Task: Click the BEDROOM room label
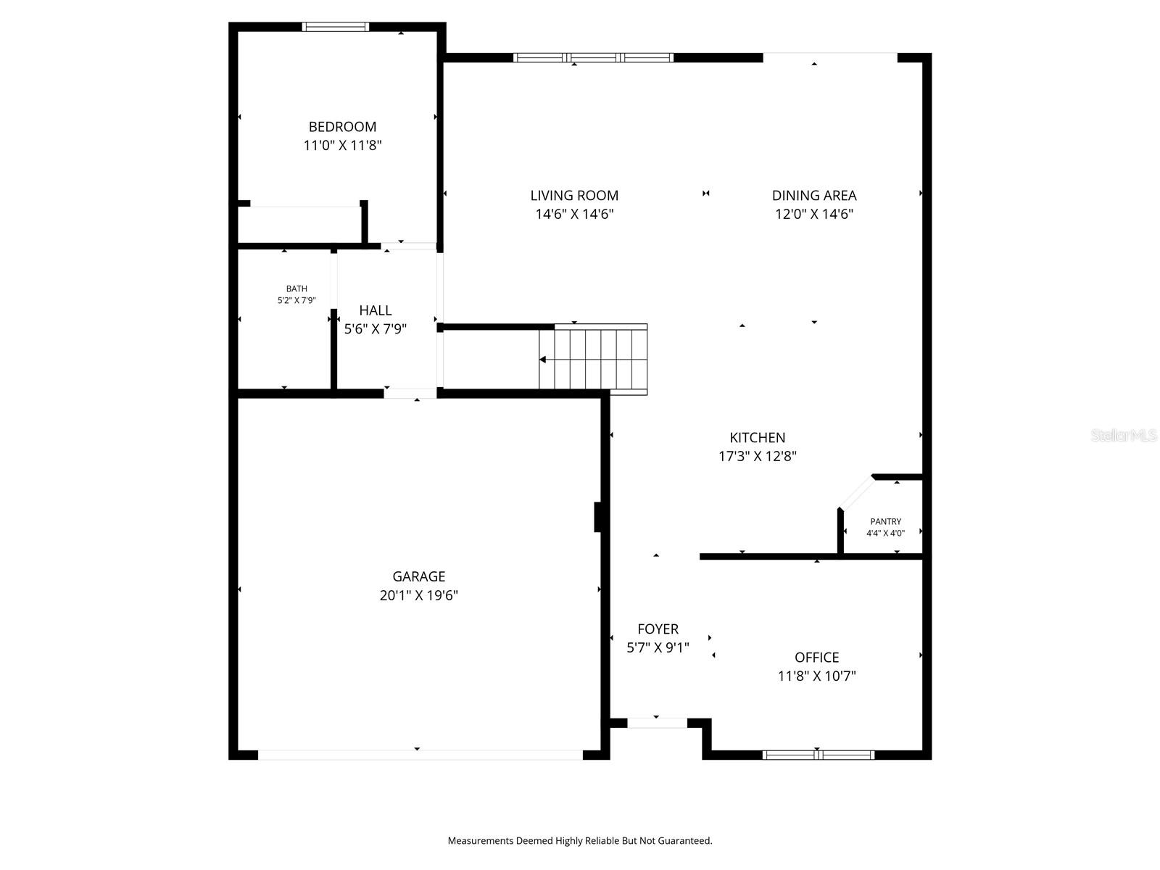click(x=342, y=127)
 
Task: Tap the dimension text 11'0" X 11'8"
click(x=342, y=146)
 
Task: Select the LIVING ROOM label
click(x=574, y=196)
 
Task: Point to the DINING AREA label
click(x=813, y=196)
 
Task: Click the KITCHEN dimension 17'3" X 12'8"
click(x=757, y=456)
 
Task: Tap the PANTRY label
click(x=885, y=521)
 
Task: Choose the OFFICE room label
click(x=816, y=658)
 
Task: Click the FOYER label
click(x=658, y=629)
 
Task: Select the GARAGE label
click(x=418, y=577)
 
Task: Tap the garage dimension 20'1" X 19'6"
click(x=418, y=596)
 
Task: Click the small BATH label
click(x=296, y=289)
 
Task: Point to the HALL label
click(x=375, y=310)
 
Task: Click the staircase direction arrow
click(x=543, y=360)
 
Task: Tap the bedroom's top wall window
click(x=335, y=27)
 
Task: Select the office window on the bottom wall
click(x=818, y=755)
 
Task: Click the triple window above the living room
click(x=593, y=57)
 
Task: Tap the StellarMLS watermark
click(x=1123, y=436)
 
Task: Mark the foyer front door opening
click(x=657, y=723)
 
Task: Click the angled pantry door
click(x=856, y=492)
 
